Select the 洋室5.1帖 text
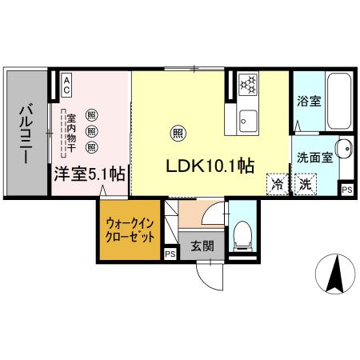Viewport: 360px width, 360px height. (88, 173)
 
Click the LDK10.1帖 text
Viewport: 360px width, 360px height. (210, 166)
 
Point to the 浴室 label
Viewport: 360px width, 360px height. (307, 102)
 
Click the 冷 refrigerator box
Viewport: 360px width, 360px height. (277, 183)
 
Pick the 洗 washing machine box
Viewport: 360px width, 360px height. (305, 183)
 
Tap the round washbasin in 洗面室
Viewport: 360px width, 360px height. (343, 149)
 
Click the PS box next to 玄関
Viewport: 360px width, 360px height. (170, 254)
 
